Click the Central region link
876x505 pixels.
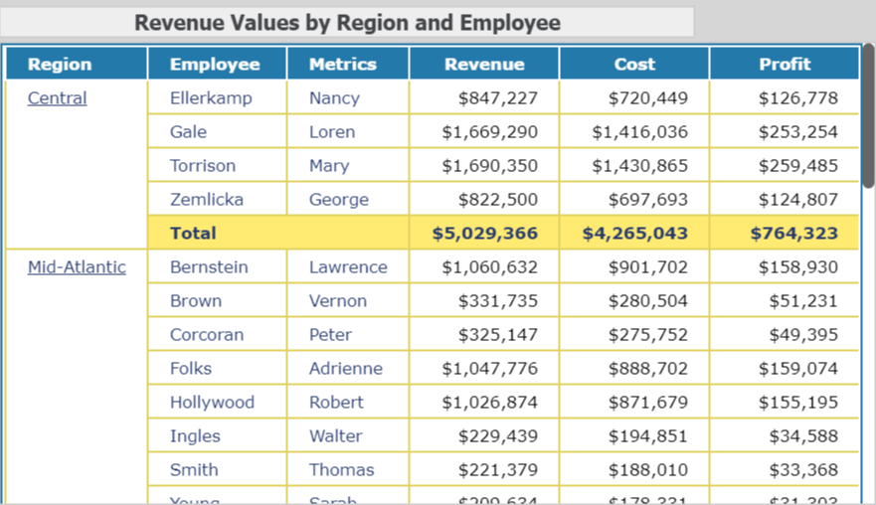[57, 98]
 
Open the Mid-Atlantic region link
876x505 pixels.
[77, 267]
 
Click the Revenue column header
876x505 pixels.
[484, 65]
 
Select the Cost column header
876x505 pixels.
[634, 65]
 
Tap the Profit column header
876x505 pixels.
[785, 65]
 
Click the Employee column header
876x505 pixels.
[215, 65]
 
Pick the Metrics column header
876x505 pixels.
[343, 65]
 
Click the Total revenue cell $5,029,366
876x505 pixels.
[485, 234]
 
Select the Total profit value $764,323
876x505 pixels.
[794, 234]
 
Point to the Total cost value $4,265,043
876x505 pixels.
[635, 234]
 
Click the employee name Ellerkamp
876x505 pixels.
[211, 98]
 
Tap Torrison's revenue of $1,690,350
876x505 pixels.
[490, 166]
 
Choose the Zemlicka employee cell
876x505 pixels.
[207, 200]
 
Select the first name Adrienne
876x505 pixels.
[345, 369]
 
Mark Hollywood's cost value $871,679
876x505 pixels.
[647, 403]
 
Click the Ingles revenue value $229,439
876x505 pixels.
[498, 436]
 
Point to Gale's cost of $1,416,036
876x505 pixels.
[639, 132]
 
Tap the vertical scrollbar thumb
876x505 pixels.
[868, 114]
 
